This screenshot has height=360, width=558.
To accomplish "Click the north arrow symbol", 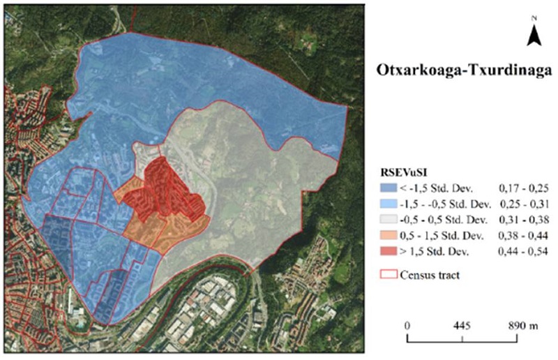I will tap(534, 35).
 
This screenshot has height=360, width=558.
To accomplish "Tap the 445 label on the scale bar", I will tap(462, 327).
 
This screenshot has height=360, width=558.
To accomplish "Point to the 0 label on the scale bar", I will tap(407, 327).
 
